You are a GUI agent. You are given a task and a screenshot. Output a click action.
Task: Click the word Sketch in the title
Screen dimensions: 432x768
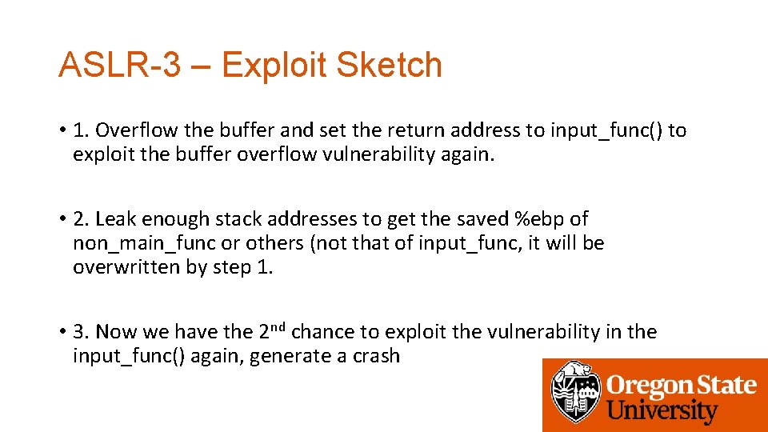pos(389,66)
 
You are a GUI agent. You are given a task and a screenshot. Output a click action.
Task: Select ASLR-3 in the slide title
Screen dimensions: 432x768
pos(119,66)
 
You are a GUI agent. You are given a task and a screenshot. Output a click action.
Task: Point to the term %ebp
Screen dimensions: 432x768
pos(542,218)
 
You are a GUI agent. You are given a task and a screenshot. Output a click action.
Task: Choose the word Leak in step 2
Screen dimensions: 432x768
pos(113,218)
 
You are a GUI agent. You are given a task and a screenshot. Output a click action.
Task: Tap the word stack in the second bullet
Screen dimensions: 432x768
pos(243,218)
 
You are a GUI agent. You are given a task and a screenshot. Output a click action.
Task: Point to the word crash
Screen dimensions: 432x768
pos(376,356)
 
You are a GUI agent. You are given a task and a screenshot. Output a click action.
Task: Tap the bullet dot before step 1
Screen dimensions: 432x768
pos(62,131)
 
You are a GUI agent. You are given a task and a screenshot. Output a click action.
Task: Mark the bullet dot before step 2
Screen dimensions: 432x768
pos(62,219)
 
